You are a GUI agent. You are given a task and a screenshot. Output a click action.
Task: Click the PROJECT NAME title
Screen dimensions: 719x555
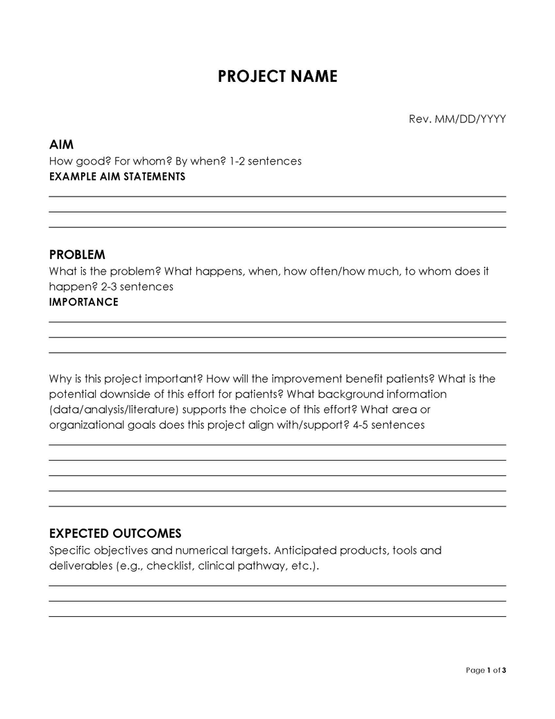[x=277, y=76]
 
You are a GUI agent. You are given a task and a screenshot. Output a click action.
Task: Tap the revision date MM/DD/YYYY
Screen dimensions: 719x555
[x=470, y=119]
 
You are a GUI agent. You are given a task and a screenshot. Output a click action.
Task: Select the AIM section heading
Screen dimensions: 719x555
[x=62, y=144]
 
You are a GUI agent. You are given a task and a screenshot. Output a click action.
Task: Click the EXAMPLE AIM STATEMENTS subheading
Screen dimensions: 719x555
[x=117, y=176]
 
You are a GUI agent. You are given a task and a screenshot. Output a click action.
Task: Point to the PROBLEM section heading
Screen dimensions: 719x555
[x=77, y=254]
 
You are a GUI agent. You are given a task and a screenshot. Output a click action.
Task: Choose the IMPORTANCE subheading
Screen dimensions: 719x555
[x=83, y=301]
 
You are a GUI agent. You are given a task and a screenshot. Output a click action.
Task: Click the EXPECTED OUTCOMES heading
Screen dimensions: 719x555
[x=115, y=534]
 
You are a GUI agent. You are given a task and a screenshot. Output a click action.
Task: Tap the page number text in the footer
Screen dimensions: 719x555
[x=486, y=670]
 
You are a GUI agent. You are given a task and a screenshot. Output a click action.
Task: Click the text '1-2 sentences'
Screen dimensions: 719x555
[x=266, y=161]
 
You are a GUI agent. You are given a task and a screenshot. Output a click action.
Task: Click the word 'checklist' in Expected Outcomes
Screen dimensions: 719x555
[x=169, y=566]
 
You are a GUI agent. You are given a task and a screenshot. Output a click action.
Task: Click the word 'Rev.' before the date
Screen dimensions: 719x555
[x=420, y=119]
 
